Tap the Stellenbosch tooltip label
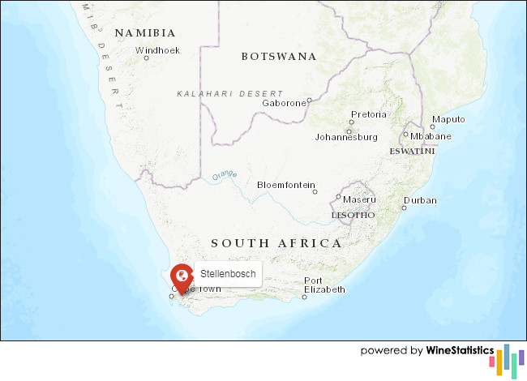[228, 275]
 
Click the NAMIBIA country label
[145, 33]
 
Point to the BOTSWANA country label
[279, 57]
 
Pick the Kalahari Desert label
[230, 94]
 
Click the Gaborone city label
[284, 103]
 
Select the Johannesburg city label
[346, 137]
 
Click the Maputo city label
[448, 119]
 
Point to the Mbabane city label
[431, 136]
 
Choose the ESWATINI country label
[412, 152]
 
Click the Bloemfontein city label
[285, 185]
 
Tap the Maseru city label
[359, 199]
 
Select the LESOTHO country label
[353, 216]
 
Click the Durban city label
[420, 200]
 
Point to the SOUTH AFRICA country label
[276, 243]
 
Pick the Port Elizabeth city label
[324, 285]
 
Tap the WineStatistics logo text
[460, 351]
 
